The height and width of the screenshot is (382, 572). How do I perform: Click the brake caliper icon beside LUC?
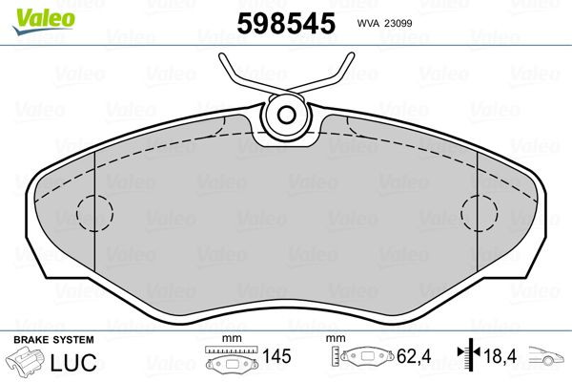(27, 362)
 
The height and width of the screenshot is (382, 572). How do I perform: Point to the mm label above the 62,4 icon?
(336, 339)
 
